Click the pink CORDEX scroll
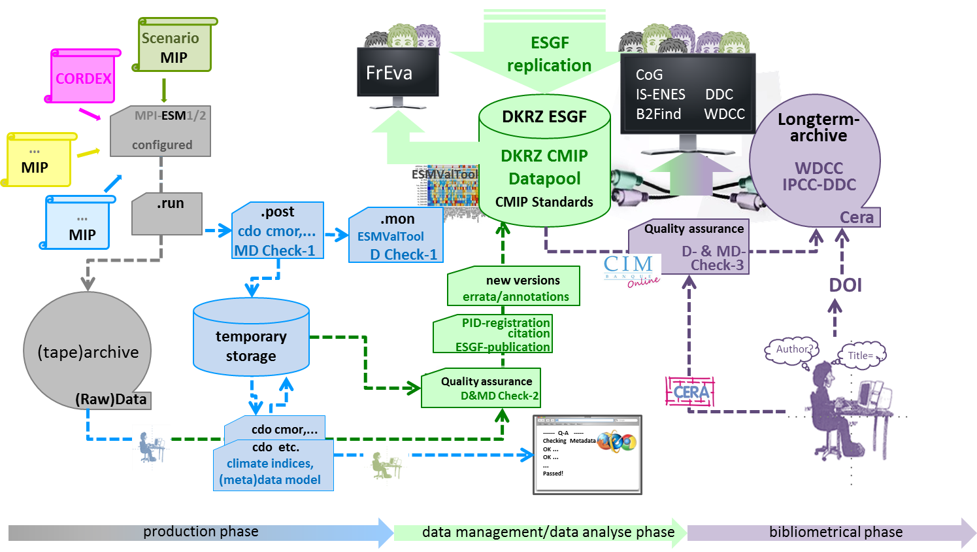coord(83,78)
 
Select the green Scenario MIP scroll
coord(174,48)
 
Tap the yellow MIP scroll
coord(38,161)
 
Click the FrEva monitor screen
coord(397,72)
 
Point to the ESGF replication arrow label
coord(549,54)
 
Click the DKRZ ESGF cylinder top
coord(544,116)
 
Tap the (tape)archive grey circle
coord(88,352)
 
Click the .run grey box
coord(168,213)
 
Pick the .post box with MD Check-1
coord(277,231)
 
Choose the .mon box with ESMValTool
coord(396,236)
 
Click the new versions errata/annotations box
coord(514,288)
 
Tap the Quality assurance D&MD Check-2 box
coord(482,388)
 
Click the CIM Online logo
coord(631,271)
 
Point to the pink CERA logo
coord(690,392)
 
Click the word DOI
coord(845,285)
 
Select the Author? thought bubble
coord(792,349)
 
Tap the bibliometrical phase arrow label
coord(835,532)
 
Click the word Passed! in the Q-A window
coord(553,474)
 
